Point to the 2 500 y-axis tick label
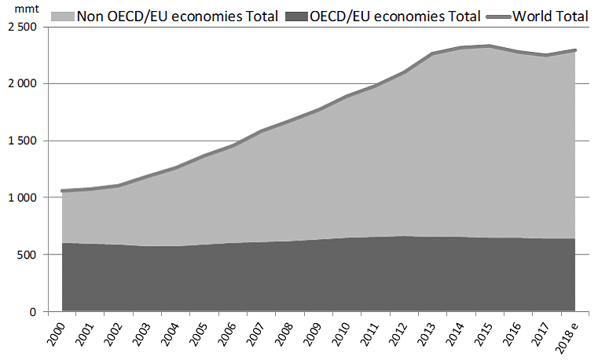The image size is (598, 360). (x=20, y=27)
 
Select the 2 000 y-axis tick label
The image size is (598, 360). (x=20, y=84)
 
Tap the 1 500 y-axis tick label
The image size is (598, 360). (x=20, y=141)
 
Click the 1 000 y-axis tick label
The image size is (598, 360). (x=20, y=198)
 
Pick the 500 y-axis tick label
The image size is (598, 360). (x=28, y=255)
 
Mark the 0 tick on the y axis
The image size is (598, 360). (x=33, y=313)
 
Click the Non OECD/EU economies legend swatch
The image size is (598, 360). (x=61, y=15)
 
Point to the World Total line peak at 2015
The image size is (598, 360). (x=490, y=46)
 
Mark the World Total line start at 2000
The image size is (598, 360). (x=62, y=190)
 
